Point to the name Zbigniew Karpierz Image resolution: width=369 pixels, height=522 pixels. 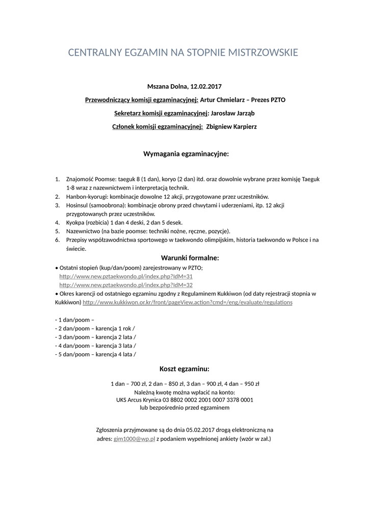231,126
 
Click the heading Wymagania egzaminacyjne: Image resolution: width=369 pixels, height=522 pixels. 186,153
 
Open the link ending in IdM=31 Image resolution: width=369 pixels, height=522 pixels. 126,276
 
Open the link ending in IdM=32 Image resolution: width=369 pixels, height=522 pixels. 126,285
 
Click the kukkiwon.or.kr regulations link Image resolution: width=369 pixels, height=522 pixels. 188,302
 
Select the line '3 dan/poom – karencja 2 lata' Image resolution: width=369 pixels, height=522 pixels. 95,337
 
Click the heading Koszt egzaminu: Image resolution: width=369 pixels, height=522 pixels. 184,369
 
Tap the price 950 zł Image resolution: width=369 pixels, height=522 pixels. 252,384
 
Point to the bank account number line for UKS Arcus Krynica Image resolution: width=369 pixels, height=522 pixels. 184,400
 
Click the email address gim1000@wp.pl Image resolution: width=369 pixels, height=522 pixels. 134,438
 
